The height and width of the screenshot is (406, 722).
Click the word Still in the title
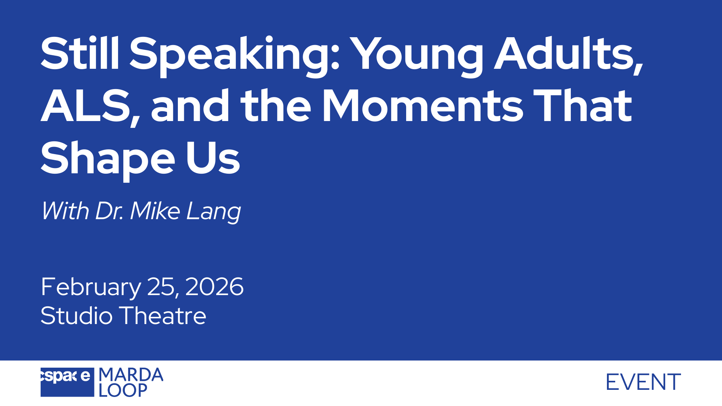[80, 53]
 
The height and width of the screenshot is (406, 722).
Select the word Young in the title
[419, 57]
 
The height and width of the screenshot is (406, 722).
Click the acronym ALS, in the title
[90, 107]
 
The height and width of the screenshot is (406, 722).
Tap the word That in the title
[582, 106]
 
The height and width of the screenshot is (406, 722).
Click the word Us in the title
[213, 158]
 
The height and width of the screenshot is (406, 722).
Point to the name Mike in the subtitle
[155, 211]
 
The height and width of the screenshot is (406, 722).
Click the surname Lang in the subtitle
[214, 212]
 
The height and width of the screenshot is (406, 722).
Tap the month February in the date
[91, 288]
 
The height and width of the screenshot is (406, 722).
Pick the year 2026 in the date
[214, 286]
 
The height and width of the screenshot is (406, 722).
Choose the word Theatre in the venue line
[163, 315]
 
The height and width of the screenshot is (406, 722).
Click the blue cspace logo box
[67, 382]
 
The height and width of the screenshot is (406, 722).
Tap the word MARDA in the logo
[131, 375]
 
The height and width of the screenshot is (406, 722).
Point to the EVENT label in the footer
[643, 382]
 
